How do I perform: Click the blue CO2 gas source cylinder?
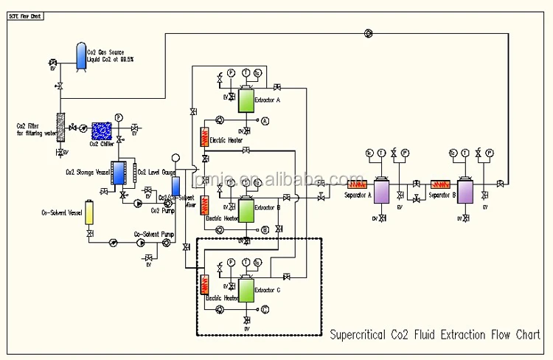pyautogui.click(x=81, y=56)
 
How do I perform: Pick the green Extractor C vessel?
pyautogui.click(x=246, y=291)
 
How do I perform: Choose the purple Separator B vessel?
pyautogui.click(x=467, y=191)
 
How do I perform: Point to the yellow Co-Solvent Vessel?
pyautogui.click(x=90, y=212)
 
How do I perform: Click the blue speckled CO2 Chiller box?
pyautogui.click(x=101, y=131)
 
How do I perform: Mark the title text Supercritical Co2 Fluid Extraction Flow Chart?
pyautogui.click(x=434, y=335)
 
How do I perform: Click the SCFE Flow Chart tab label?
pyautogui.click(x=25, y=15)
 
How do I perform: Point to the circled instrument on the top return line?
pyautogui.click(x=368, y=32)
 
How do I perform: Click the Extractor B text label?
pyautogui.click(x=268, y=208)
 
